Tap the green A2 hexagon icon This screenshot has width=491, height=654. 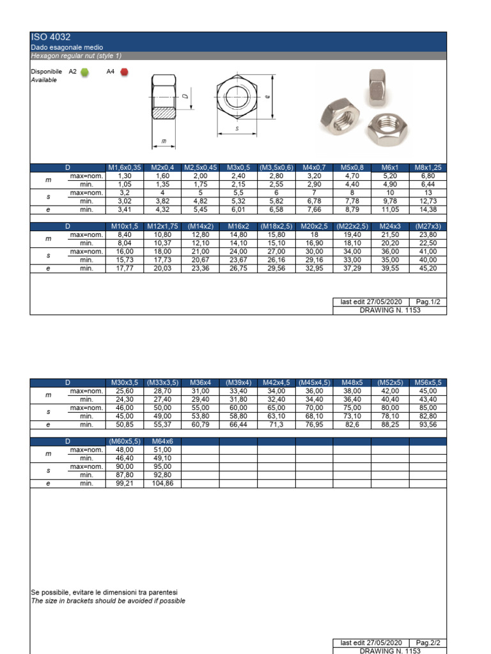pos(85,72)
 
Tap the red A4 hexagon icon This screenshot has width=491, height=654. pos(123,72)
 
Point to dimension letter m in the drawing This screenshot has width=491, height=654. pos(164,141)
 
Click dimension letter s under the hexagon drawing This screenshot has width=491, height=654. pos(237,128)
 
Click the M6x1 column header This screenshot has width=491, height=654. pos(390,167)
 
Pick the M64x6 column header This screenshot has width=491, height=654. pos(162,441)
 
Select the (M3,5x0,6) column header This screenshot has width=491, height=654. pos(276,167)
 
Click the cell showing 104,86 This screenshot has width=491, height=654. pos(162,484)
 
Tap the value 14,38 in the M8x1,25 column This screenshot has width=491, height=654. pos(428,209)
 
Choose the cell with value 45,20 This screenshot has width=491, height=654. pos(428,268)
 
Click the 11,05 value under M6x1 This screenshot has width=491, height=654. pos(390,209)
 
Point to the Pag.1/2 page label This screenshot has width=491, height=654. pos(428,301)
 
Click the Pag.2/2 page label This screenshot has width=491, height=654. pos(428,643)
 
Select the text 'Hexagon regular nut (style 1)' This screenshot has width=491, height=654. pos(76,56)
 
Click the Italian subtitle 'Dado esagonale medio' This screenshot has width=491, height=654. pos(67,48)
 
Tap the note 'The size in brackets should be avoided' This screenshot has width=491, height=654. pos(108,601)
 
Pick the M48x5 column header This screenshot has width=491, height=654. pos(352,382)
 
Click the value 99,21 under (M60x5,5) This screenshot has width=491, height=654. pos(125,484)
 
